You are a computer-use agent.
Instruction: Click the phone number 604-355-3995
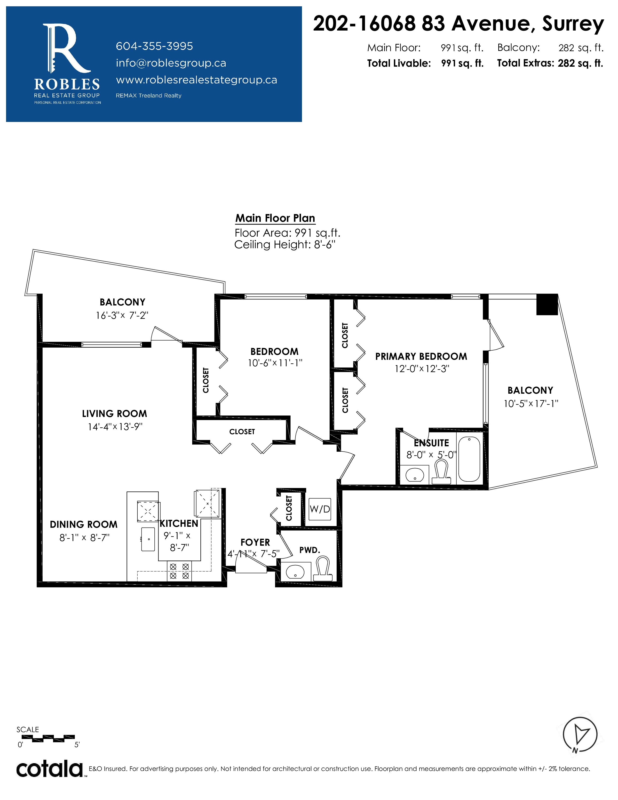pyautogui.click(x=154, y=46)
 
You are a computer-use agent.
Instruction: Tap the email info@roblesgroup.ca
pyautogui.click(x=171, y=63)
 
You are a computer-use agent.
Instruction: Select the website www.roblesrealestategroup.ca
pyautogui.click(x=197, y=80)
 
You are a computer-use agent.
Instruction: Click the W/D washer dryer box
pyautogui.click(x=320, y=509)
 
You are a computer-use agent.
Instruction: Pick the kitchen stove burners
pyautogui.click(x=179, y=571)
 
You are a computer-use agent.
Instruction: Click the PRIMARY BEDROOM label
pyautogui.click(x=421, y=356)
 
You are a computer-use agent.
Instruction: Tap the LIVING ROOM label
pyautogui.click(x=115, y=414)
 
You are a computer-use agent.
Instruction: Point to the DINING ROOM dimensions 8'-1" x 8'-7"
pyautogui.click(x=85, y=537)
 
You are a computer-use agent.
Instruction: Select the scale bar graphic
pyautogui.click(x=48, y=738)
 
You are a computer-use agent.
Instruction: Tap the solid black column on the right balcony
pyautogui.click(x=547, y=304)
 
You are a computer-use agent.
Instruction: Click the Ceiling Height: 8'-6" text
pyautogui.click(x=285, y=245)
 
